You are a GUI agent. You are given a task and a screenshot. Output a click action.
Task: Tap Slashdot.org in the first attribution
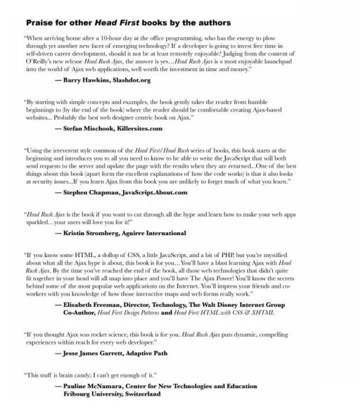pos(132,80)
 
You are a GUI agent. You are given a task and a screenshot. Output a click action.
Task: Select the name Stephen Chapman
pos(95,192)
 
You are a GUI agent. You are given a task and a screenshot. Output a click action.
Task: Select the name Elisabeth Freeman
pos(95,304)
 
